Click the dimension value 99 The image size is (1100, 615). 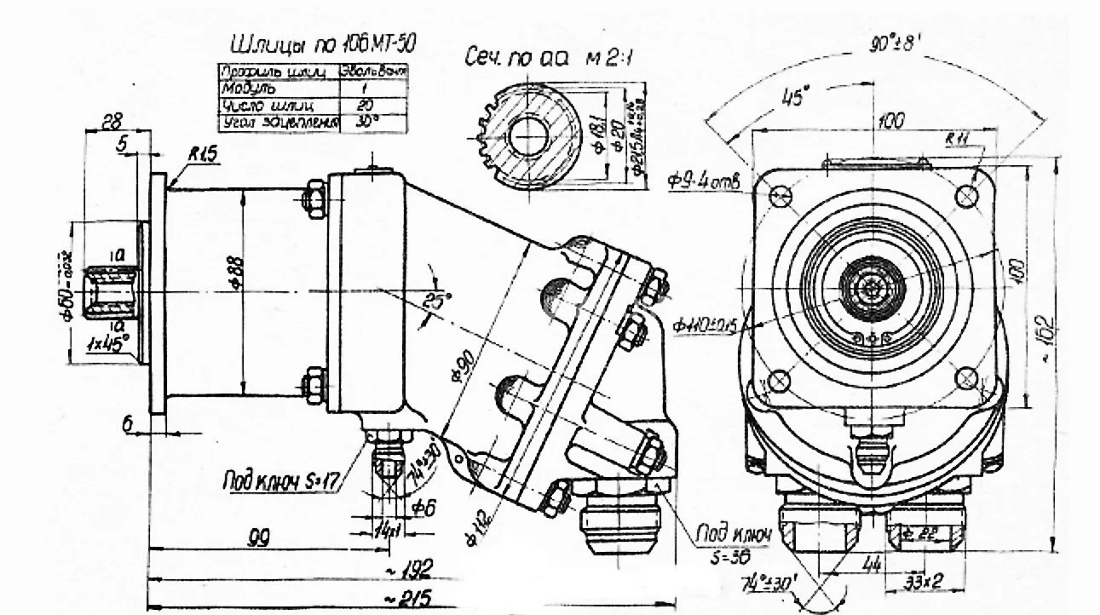252,537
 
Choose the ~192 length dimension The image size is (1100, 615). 418,567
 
